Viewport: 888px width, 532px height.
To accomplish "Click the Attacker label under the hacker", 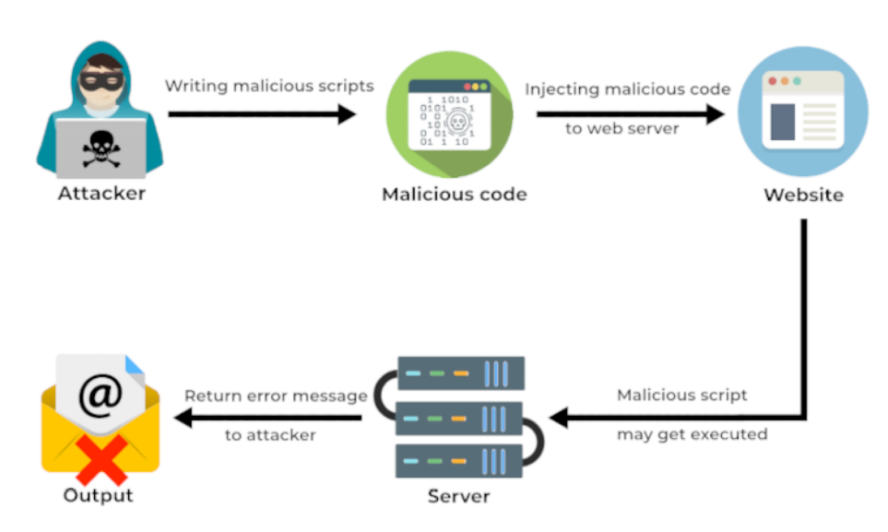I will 101,194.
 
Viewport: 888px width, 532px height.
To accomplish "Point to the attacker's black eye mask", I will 101,81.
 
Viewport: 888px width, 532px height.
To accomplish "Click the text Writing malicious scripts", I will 269,86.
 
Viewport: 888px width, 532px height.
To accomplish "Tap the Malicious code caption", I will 455,195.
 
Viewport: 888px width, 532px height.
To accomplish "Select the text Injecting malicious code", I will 628,89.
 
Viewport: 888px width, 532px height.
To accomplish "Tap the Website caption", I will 802,195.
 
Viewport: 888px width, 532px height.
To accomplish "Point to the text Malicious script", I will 682,396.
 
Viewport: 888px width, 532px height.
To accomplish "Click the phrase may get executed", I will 692,434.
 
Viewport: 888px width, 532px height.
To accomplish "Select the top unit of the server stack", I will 460,373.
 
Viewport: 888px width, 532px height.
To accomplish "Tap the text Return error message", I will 276,396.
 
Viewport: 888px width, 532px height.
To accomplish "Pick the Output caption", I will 98,496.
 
